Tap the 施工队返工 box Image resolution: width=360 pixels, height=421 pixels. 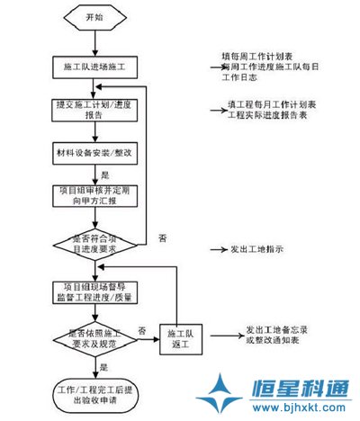183,338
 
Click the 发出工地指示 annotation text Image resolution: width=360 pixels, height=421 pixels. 256,249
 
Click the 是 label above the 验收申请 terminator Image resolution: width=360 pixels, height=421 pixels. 105,367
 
